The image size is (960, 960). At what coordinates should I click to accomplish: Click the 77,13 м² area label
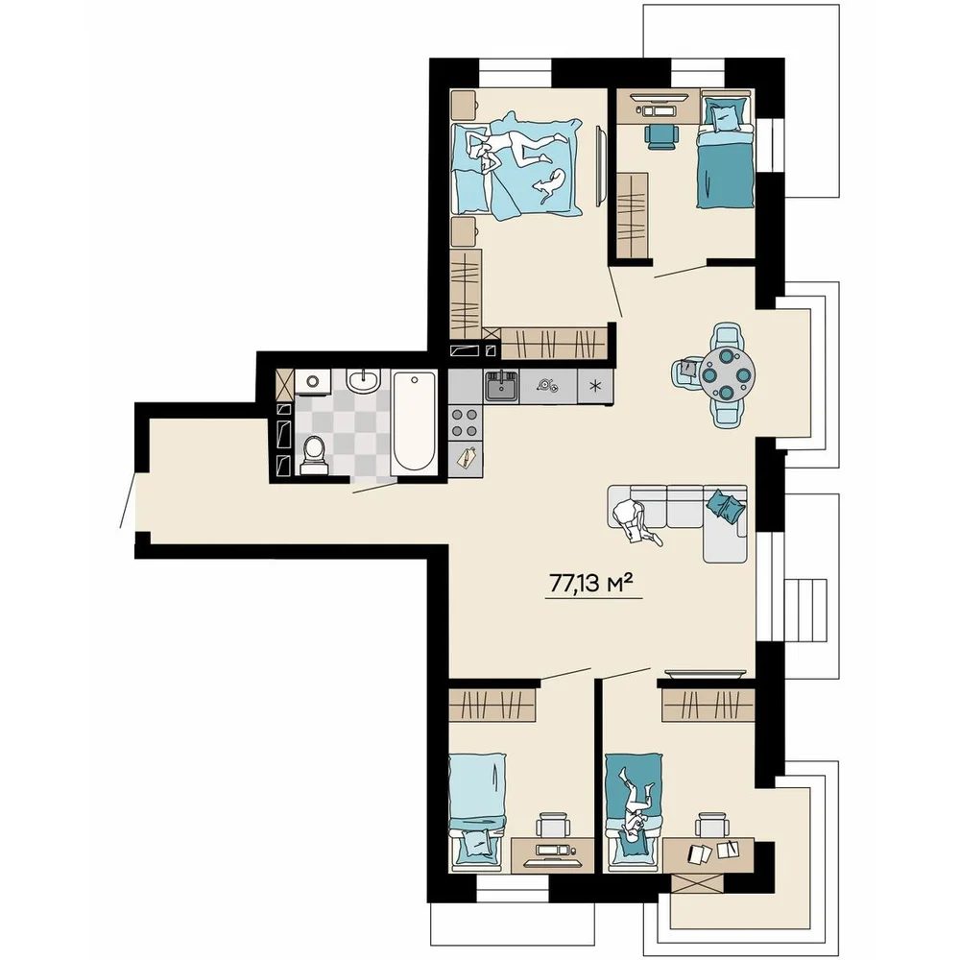(x=590, y=584)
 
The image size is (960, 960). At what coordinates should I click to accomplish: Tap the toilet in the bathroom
(x=314, y=455)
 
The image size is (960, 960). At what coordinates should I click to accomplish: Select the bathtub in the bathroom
(x=414, y=421)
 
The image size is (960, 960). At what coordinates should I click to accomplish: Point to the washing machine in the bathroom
(x=313, y=381)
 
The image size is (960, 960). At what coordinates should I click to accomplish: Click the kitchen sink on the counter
(x=502, y=386)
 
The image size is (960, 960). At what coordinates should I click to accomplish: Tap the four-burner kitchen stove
(x=465, y=422)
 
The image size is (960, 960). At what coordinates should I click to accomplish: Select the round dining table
(x=727, y=373)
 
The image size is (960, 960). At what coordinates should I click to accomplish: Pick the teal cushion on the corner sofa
(x=726, y=505)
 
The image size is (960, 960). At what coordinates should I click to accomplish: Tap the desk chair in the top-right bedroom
(x=661, y=135)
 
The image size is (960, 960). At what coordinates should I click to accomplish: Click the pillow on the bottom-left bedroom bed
(x=477, y=843)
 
